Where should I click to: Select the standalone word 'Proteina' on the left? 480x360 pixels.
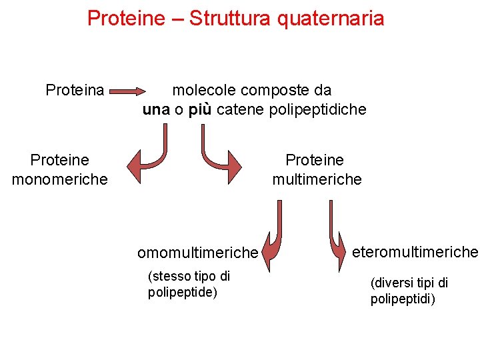click(x=75, y=90)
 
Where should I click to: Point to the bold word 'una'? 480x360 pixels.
click(x=156, y=109)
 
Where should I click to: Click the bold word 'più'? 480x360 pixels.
click(x=199, y=109)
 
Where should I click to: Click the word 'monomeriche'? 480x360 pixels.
click(x=59, y=179)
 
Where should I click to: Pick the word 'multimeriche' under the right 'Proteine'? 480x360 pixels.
click(x=317, y=179)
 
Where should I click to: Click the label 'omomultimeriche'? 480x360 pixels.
click(x=197, y=253)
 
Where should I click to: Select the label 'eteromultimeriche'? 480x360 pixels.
click(x=415, y=252)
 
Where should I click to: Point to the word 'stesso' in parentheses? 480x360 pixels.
click(x=170, y=276)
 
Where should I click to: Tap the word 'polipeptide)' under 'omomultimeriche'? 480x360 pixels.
click(x=183, y=292)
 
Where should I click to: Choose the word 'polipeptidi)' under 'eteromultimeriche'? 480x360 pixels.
click(x=403, y=299)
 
